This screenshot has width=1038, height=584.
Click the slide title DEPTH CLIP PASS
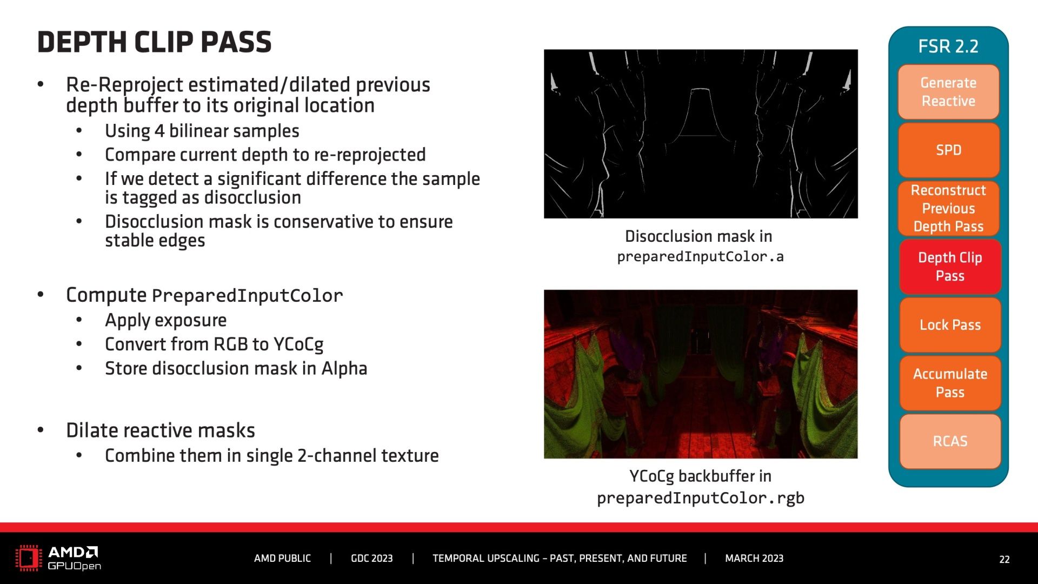tap(154, 42)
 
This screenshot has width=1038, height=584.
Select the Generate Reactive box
tap(948, 92)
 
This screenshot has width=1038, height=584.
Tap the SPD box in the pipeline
tap(948, 150)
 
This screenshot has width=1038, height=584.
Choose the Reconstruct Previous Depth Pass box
tap(948, 208)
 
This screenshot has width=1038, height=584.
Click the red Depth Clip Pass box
tap(950, 267)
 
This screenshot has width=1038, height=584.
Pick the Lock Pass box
tap(950, 325)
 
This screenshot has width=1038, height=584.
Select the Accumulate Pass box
tap(950, 383)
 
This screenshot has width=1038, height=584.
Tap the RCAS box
tap(950, 441)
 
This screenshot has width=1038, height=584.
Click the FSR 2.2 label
tap(948, 47)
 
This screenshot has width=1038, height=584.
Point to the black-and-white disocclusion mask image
tap(701, 134)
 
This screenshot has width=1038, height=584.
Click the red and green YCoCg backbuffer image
tap(701, 374)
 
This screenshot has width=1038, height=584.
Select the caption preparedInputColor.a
tap(700, 256)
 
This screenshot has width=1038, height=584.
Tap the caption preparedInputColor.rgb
tap(701, 498)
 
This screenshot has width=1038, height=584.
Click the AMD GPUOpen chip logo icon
tap(29, 558)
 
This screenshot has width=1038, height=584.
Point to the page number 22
tap(1004, 560)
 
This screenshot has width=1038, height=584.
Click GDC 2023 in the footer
tap(372, 559)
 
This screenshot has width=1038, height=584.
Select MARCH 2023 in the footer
tap(754, 559)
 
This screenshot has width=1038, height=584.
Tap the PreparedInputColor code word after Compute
tap(248, 296)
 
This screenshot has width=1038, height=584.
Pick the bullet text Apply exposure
tap(165, 320)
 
